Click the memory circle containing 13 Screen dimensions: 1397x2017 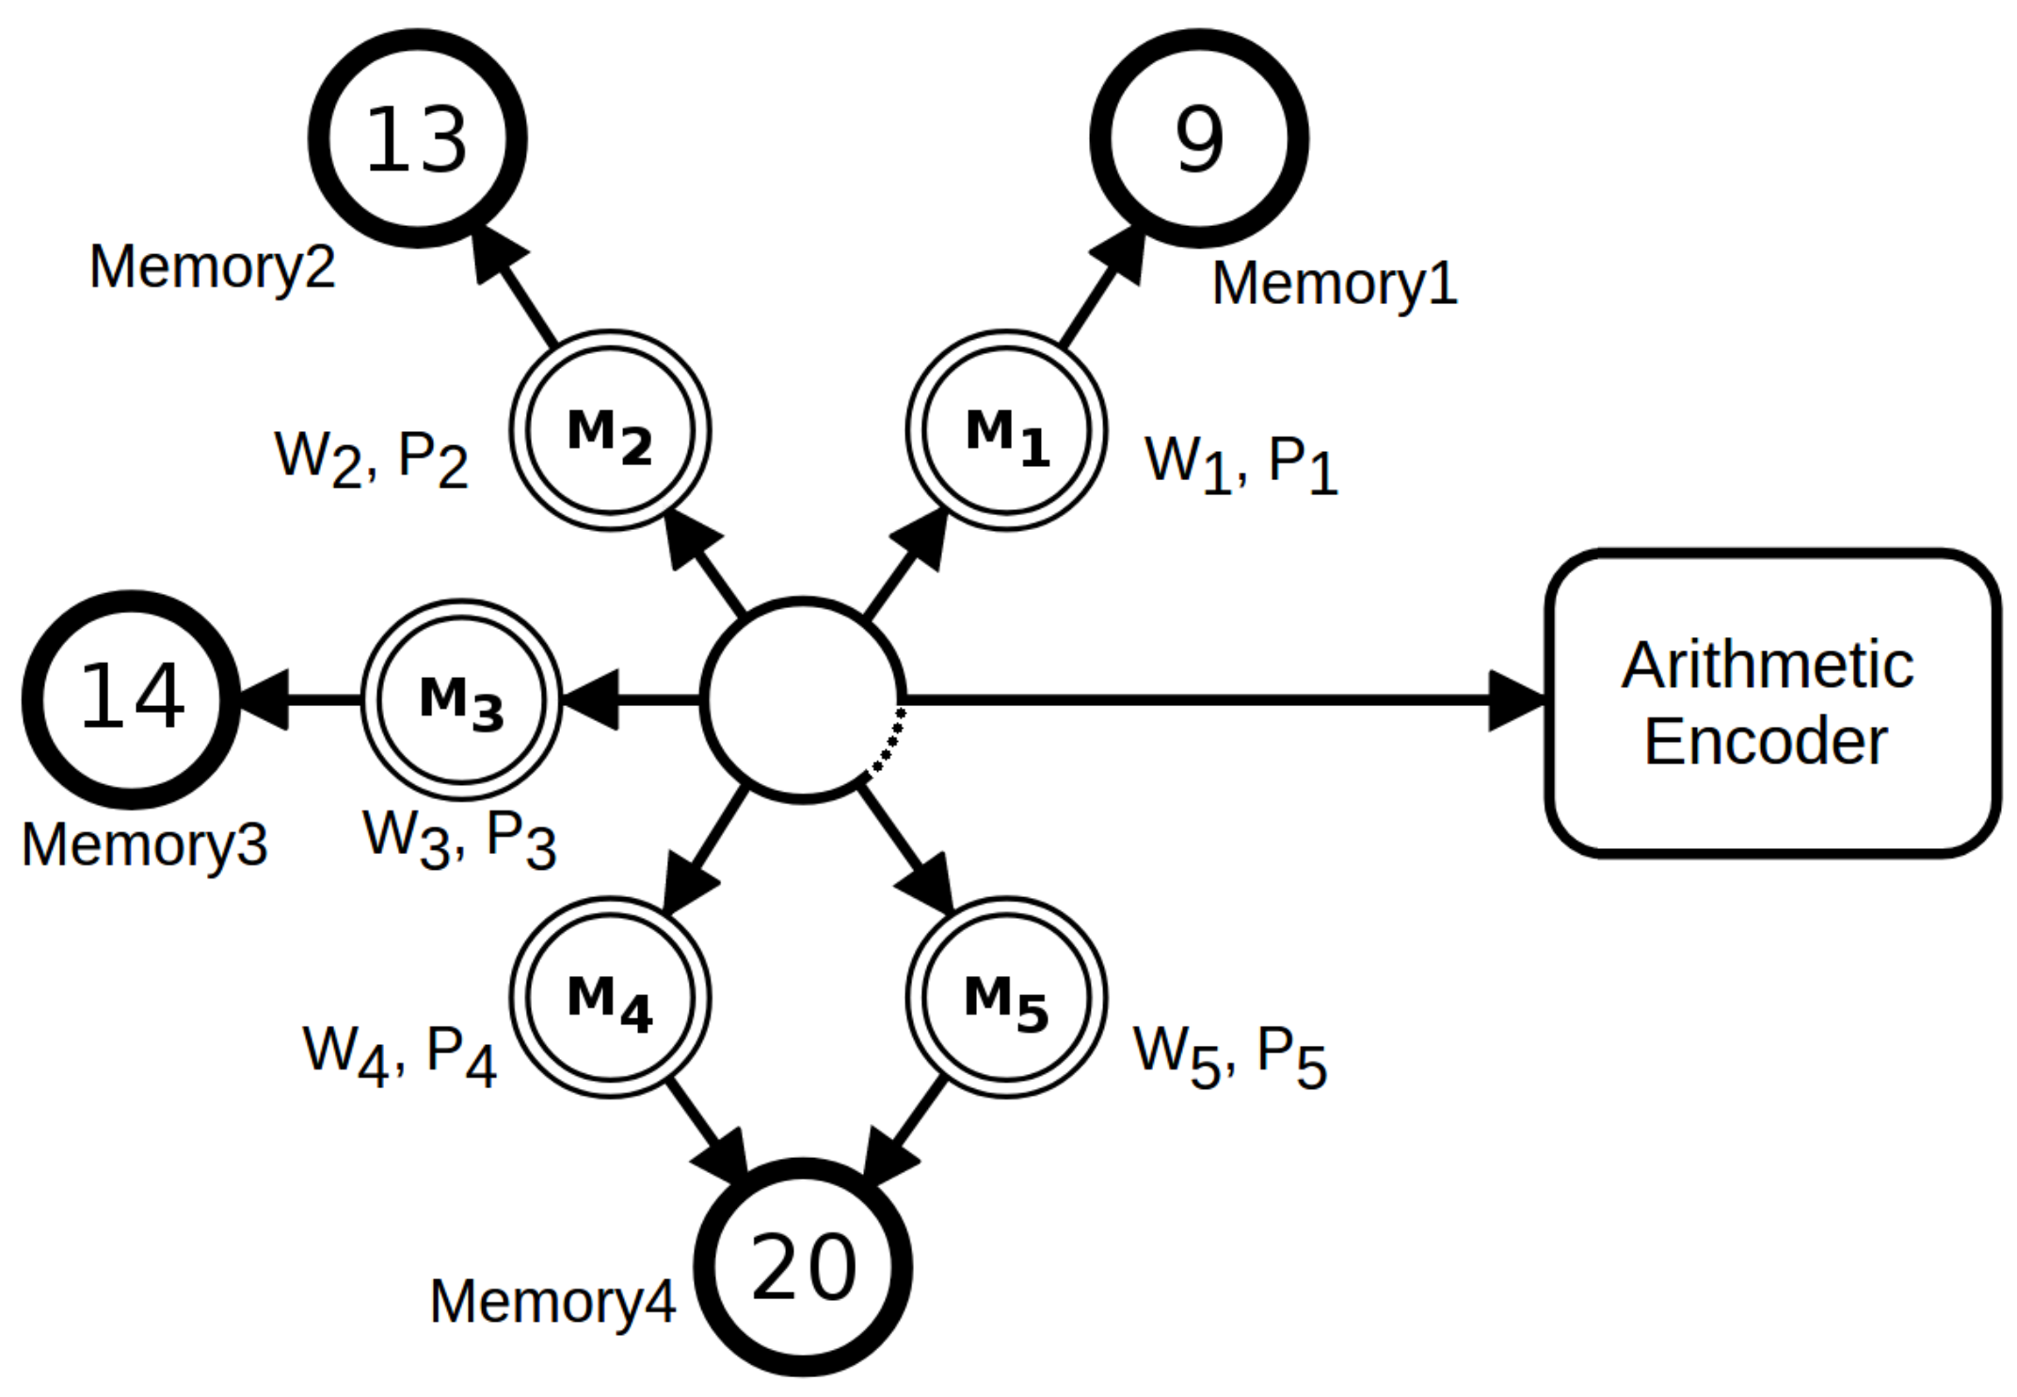tap(417, 138)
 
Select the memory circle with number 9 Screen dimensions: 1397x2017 tap(1198, 138)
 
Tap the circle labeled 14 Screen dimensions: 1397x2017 tap(131, 698)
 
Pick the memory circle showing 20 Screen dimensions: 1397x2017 tap(803, 1267)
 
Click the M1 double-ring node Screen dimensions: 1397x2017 tap(1006, 431)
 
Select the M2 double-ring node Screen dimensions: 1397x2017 tap(610, 431)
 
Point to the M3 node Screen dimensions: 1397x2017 tap(461, 698)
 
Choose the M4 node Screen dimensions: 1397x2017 tap(610, 997)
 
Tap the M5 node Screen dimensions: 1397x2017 tap(1006, 997)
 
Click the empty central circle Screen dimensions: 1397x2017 tap(803, 699)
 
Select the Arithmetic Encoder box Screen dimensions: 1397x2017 tap(1771, 702)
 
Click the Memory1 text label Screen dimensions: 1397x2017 tap(1334, 282)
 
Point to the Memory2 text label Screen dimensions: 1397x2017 tap(212, 266)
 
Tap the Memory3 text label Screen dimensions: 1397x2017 tap(144, 843)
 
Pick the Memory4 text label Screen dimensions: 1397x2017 tap(552, 1301)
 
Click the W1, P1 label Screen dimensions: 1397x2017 tap(1241, 463)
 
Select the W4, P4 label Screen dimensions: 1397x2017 tap(399, 1053)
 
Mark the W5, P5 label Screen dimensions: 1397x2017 tap(1229, 1054)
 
